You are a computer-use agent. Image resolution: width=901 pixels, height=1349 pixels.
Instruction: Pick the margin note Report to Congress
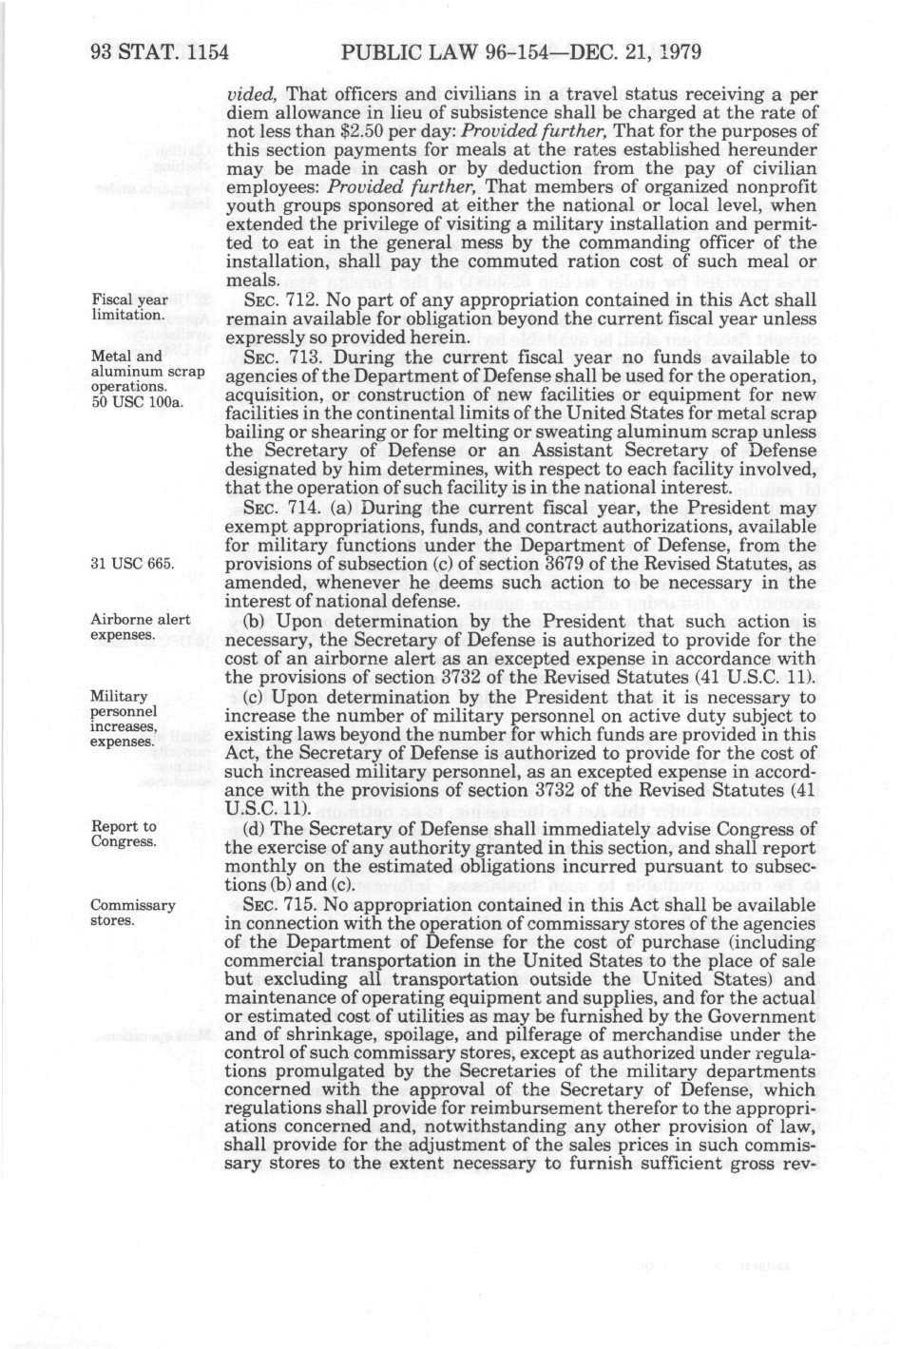point(124,834)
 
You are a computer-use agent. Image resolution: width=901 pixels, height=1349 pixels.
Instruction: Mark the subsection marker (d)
point(254,829)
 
